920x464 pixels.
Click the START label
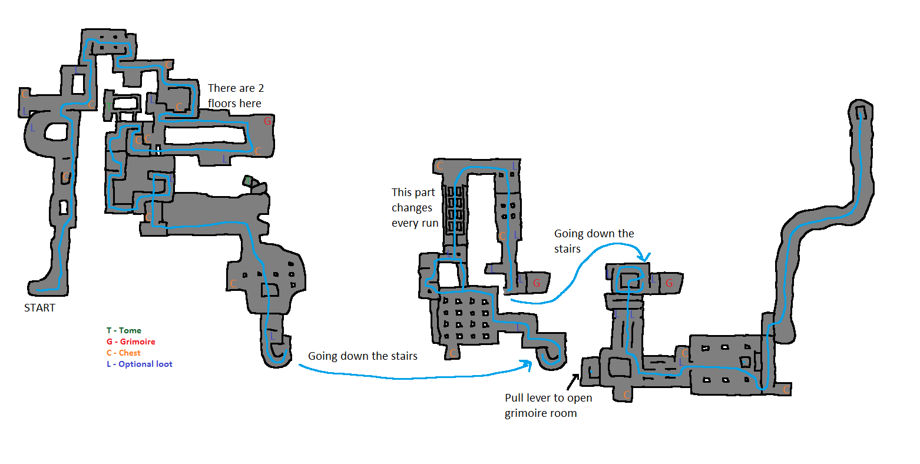39,308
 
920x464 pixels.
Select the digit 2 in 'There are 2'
260,88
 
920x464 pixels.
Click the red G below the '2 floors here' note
267,121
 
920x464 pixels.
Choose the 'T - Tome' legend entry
124,331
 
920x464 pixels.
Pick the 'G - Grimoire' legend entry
131,342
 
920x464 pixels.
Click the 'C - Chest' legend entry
124,353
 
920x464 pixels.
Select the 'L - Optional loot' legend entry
140,364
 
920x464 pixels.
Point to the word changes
412,208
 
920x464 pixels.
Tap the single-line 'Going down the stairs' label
362,356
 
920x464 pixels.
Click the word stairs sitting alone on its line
567,249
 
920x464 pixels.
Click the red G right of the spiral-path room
669,283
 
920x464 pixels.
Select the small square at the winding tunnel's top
861,111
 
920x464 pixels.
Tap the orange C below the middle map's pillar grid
452,353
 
